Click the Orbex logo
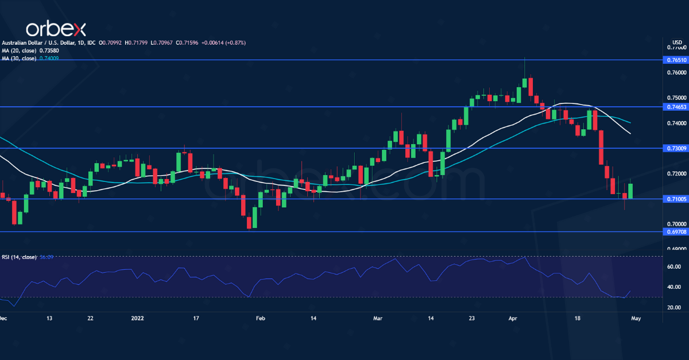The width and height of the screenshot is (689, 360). pyautogui.click(x=55, y=29)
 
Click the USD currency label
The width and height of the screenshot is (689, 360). pyautogui.click(x=677, y=42)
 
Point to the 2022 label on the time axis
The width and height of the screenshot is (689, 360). pyautogui.click(x=137, y=318)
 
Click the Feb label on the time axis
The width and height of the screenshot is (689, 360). pyautogui.click(x=260, y=318)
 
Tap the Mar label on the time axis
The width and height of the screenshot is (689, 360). pyautogui.click(x=377, y=318)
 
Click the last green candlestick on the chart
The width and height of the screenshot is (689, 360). pyautogui.click(x=631, y=191)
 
